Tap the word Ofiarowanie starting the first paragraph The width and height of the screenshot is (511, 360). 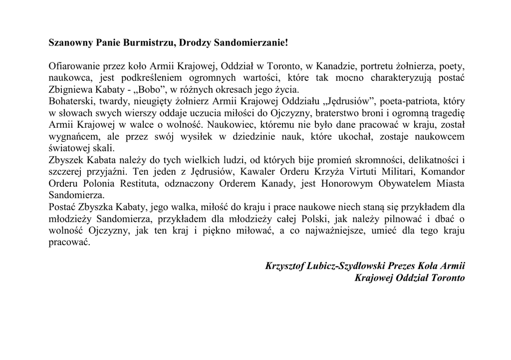point(73,66)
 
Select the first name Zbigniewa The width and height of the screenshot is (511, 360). point(69,90)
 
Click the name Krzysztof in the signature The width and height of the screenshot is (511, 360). point(286,266)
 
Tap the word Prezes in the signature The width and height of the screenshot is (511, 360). point(408,266)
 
